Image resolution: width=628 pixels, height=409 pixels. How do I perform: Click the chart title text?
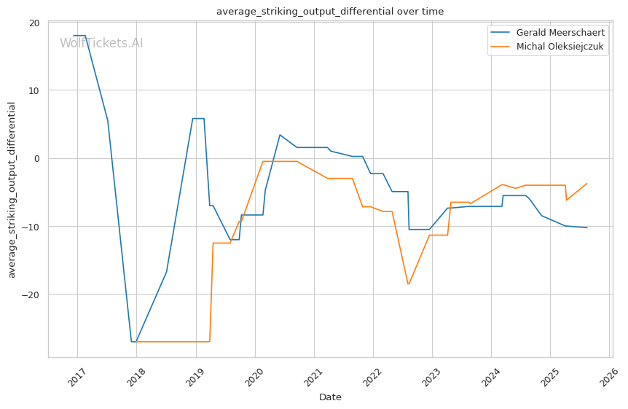pos(330,11)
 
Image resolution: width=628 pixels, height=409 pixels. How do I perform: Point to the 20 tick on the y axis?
pos(34,23)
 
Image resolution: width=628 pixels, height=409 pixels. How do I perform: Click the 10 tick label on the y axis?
pos(34,90)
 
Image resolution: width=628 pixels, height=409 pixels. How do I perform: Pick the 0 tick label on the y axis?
pos(37,158)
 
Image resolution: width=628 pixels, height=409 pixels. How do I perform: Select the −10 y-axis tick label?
pos(31,227)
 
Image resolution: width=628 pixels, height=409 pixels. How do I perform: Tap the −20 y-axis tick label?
pos(31,295)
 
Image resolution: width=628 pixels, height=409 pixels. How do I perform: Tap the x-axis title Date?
pos(330,397)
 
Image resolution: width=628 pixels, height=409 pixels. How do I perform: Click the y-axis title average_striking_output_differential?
pos(12,190)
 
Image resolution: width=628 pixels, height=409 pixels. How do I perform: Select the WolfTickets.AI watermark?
pos(101,43)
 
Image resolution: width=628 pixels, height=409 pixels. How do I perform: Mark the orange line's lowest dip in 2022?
pos(408,284)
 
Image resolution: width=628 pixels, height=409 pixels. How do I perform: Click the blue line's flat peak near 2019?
pos(198,118)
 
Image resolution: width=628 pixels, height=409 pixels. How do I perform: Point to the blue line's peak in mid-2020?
pos(280,135)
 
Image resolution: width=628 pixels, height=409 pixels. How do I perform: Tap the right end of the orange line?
pos(586,184)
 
